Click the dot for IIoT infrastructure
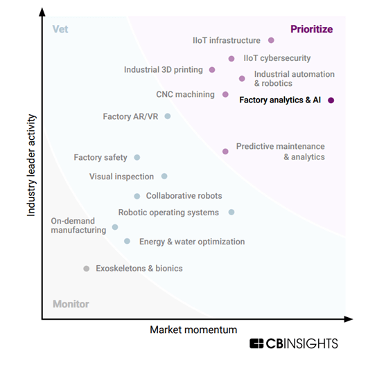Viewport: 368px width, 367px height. pos(271,41)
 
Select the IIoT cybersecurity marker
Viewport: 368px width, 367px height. pos(231,59)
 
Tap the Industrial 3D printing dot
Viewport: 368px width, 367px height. pos(212,69)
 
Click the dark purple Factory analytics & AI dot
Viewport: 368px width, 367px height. pos(331,100)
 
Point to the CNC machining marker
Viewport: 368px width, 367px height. pos(225,94)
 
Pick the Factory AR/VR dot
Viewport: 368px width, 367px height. pos(167,116)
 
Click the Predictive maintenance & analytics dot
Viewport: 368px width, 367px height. pos(225,151)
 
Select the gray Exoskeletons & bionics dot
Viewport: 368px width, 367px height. pos(86,269)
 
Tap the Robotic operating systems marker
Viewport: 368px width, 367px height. pos(231,212)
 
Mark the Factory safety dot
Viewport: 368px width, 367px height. pos(137,158)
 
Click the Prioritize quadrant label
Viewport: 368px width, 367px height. pos(311,29)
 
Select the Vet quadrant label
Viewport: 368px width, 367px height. pos(60,29)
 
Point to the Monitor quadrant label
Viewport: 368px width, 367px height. pos(71,304)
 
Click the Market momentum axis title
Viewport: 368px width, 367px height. pos(193,330)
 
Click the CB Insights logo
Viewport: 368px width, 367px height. pos(294,343)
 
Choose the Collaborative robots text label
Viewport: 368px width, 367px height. pos(184,196)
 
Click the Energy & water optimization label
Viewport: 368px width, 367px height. pos(192,242)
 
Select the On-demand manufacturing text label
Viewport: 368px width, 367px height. pos(78,226)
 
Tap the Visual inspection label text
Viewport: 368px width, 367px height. pos(121,177)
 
